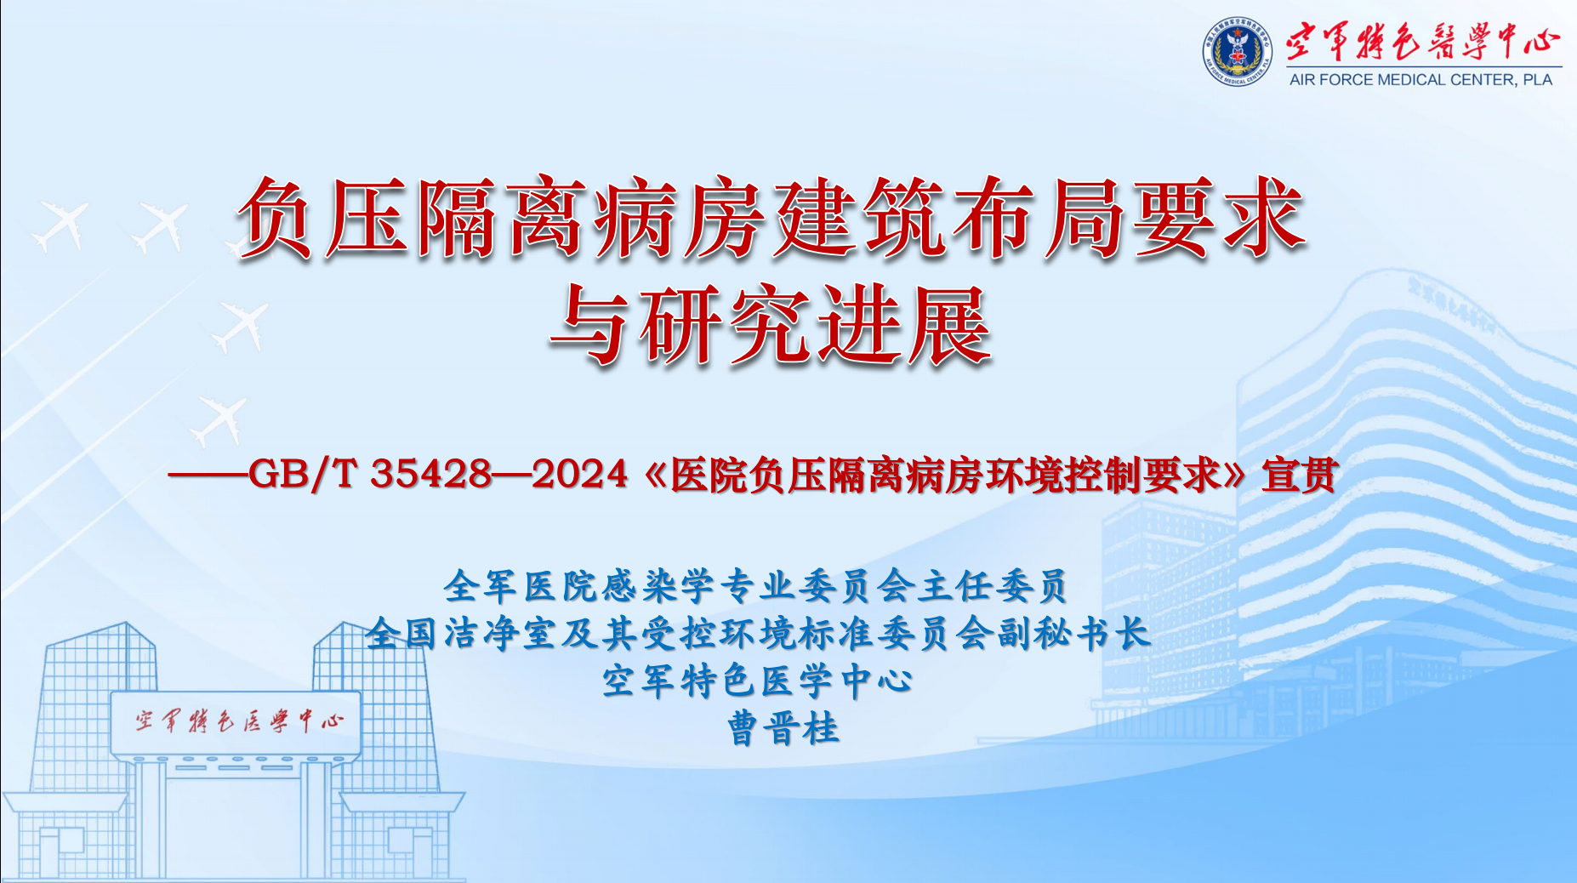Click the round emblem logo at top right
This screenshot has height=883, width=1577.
pyautogui.click(x=1237, y=53)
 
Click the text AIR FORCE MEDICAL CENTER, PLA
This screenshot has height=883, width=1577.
pyautogui.click(x=1420, y=80)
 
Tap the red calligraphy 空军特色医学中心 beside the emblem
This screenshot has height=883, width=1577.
pyautogui.click(x=1422, y=41)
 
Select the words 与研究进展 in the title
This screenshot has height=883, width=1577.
pyautogui.click(x=771, y=326)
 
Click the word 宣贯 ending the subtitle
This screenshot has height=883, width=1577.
pyautogui.click(x=1299, y=474)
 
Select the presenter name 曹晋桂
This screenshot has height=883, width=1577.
pyautogui.click(x=783, y=729)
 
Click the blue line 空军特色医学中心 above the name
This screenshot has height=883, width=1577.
pyautogui.click(x=757, y=681)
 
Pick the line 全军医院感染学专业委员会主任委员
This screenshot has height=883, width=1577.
pyautogui.click(x=755, y=585)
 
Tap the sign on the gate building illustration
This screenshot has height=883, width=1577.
pyautogui.click(x=237, y=722)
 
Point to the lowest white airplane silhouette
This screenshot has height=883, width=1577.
pyautogui.click(x=219, y=419)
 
